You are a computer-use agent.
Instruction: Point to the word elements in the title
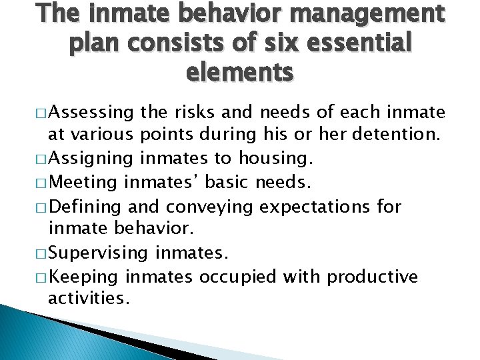(x=240, y=71)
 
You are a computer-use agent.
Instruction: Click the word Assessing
(x=91, y=111)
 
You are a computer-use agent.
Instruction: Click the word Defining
(x=87, y=207)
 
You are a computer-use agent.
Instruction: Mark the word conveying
(x=213, y=207)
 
